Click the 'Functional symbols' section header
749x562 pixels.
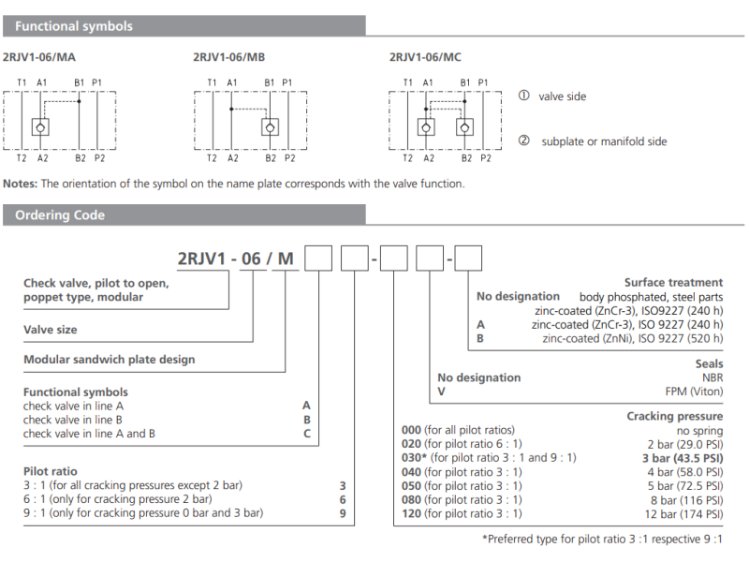pyautogui.click(x=74, y=26)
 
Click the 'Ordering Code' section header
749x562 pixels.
pyautogui.click(x=60, y=215)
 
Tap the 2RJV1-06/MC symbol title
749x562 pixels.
pyautogui.click(x=425, y=57)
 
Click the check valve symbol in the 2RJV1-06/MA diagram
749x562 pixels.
pyautogui.click(x=41, y=127)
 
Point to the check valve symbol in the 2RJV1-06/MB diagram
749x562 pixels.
pyautogui.click(x=269, y=127)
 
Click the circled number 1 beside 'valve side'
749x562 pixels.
pyautogui.click(x=523, y=96)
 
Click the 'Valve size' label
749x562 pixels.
pyautogui.click(x=51, y=330)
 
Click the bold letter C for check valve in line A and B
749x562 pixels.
pyautogui.click(x=305, y=434)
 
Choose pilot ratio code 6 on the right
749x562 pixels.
pyautogui.click(x=342, y=499)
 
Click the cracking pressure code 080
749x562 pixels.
pyautogui.click(x=412, y=499)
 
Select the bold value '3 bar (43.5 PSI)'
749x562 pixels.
pyautogui.click(x=683, y=458)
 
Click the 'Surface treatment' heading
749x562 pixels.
pyautogui.click(x=673, y=282)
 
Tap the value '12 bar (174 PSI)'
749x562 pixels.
pyautogui.click(x=683, y=513)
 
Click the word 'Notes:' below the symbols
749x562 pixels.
pyautogui.click(x=21, y=184)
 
